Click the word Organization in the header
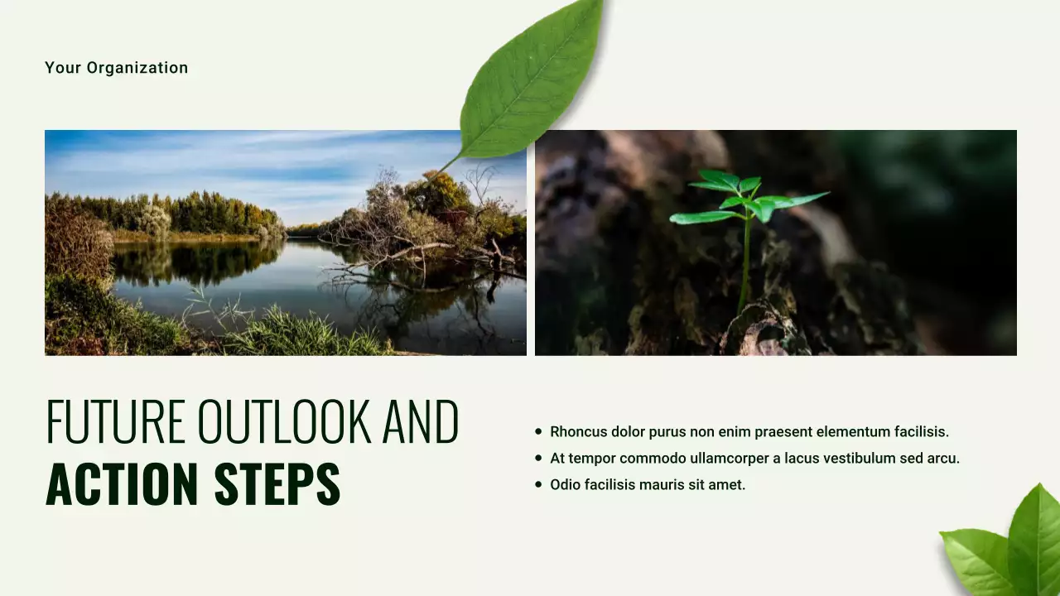click(x=137, y=68)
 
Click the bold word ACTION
click(x=122, y=484)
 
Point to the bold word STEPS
click(x=277, y=484)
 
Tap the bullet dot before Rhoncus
click(x=538, y=431)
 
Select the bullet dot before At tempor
click(x=538, y=458)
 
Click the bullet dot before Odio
click(x=538, y=484)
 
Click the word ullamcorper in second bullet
click(x=730, y=458)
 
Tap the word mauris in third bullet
click(x=671, y=484)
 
